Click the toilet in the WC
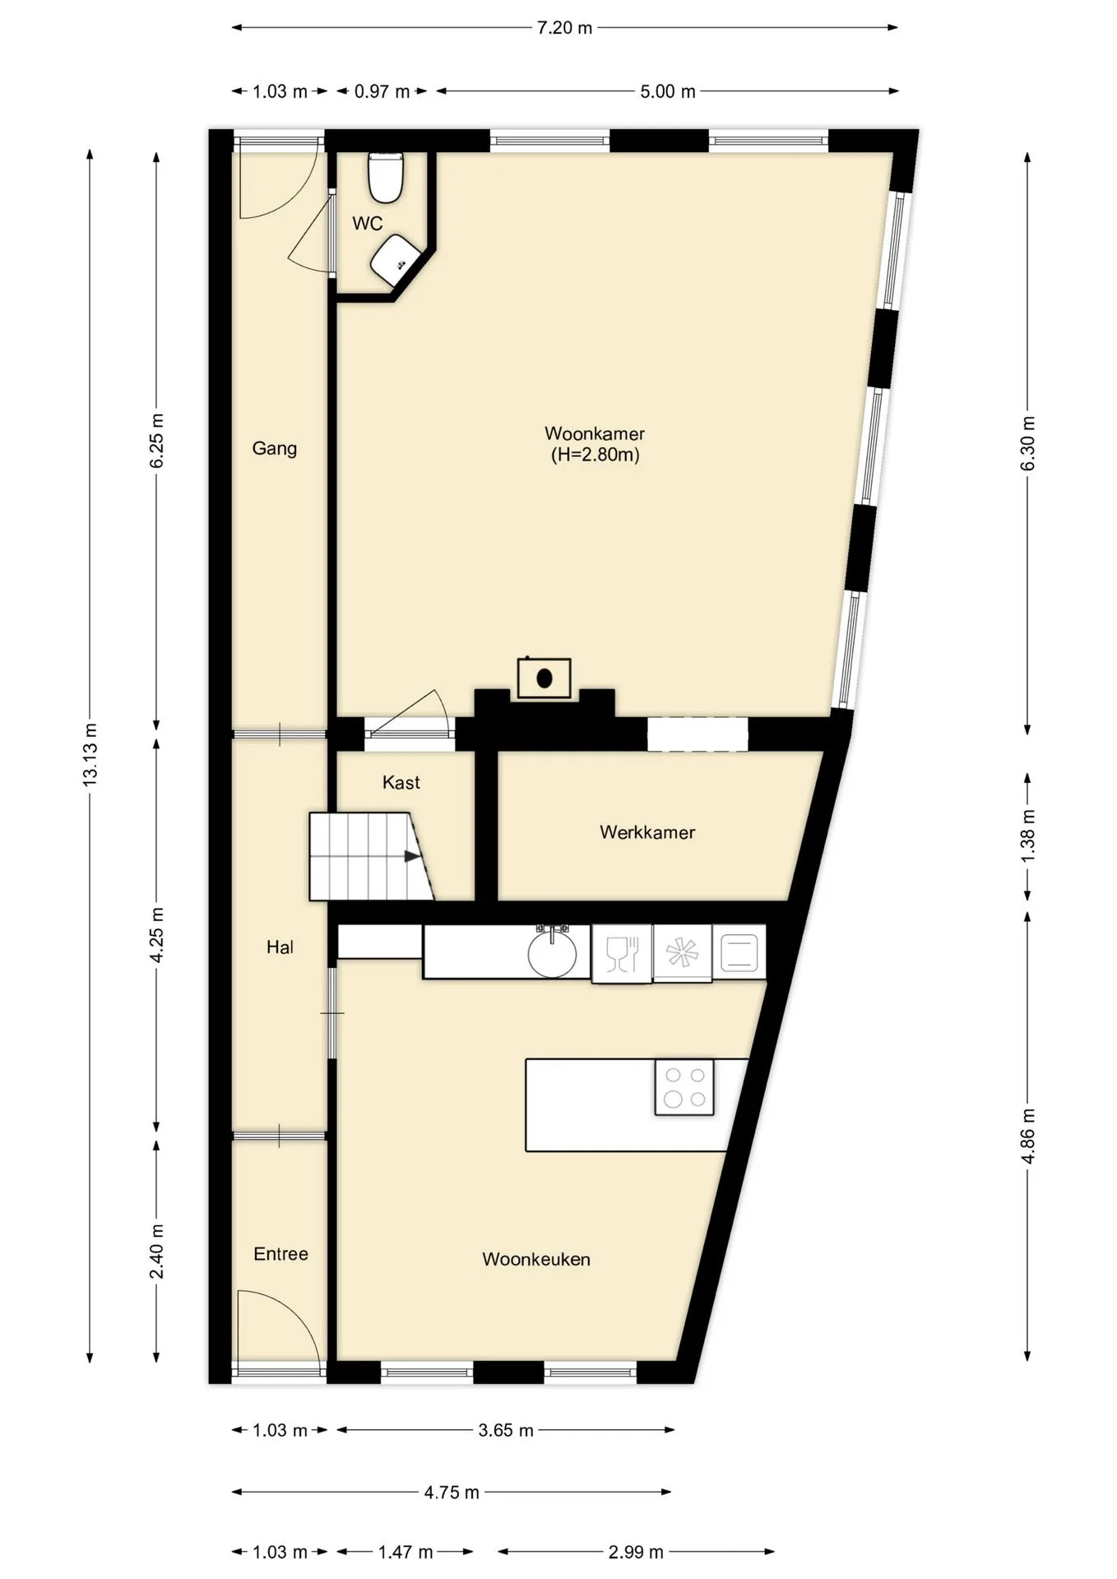(385, 177)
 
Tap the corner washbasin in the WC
(396, 260)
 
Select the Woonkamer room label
(595, 433)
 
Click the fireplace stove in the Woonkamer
(544, 678)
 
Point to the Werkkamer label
(647, 832)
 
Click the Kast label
(401, 783)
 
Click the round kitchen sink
(552, 954)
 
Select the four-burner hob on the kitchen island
(684, 1087)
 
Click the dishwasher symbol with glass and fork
(622, 954)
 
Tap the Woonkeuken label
(536, 1259)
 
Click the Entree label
(280, 1254)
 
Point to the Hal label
(280, 947)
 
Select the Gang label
(274, 448)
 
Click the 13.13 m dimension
(90, 755)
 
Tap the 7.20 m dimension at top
(564, 28)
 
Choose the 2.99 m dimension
(636, 1552)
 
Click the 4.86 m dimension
(1027, 1136)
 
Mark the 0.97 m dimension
(382, 91)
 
